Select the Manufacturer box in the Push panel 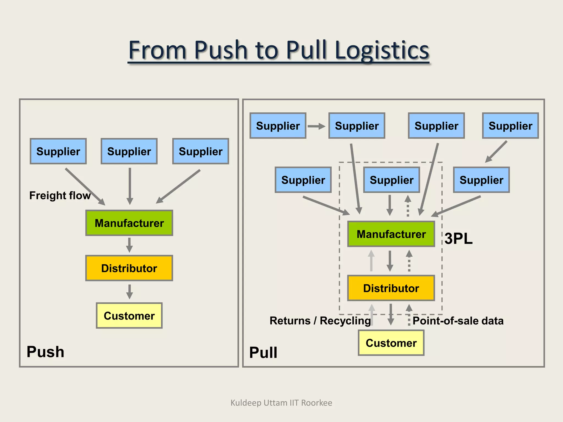[129, 223]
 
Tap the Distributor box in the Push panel [129, 268]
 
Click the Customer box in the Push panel [129, 316]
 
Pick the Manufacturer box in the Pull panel [391, 234]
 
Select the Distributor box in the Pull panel [391, 288]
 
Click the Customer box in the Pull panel [391, 343]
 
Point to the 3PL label [458, 238]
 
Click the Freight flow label [60, 196]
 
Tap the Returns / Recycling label [320, 321]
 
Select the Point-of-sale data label [458, 321]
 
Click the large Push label [45, 352]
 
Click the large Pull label [263, 352]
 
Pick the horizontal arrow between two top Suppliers [316, 126]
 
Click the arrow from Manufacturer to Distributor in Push [129, 245]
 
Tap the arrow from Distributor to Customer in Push [129, 291]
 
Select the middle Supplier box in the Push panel [129, 151]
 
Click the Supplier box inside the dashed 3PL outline [391, 180]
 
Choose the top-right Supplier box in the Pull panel [510, 126]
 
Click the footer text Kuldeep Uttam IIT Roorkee [281, 403]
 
